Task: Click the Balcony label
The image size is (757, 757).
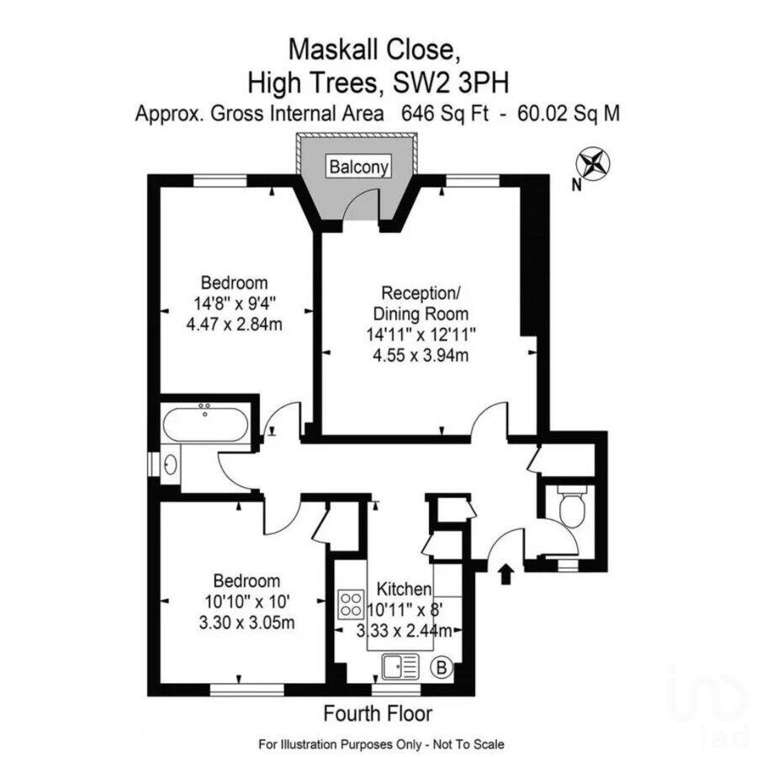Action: coord(359,167)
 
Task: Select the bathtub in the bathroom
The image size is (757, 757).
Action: coord(205,423)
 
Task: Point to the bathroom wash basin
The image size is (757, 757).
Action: coord(171,464)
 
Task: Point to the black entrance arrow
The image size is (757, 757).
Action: coord(506,574)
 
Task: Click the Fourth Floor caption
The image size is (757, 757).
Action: coord(378,714)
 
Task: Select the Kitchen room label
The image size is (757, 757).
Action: coord(404,589)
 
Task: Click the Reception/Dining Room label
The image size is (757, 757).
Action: coord(421,303)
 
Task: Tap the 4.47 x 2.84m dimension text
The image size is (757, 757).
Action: coord(234,322)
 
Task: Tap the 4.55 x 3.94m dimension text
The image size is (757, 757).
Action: coord(421,356)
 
